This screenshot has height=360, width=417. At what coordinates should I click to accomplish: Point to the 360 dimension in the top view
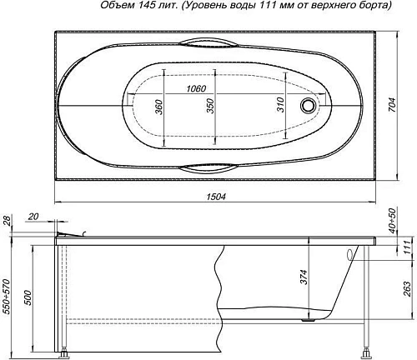point(158,106)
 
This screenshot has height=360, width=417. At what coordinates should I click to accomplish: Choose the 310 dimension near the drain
point(281,105)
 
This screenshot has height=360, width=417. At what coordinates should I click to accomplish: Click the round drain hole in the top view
point(311,106)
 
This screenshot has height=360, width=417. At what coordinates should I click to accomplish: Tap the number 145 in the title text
point(133,7)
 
